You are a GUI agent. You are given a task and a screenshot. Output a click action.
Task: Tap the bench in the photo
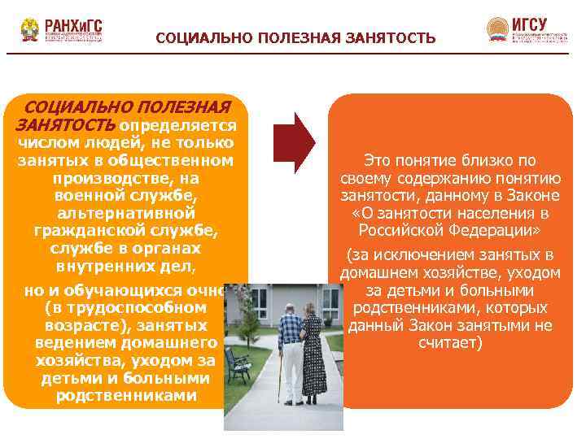[x=237, y=365]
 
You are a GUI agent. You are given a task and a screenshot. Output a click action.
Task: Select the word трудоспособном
[x=138, y=308]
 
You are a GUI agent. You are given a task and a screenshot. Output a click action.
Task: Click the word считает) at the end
[x=450, y=343]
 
